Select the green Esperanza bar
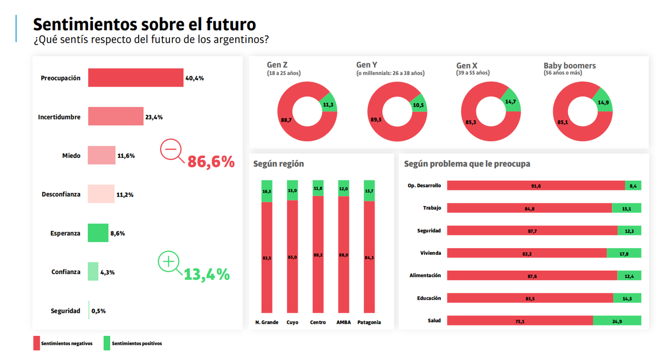pyautogui.click(x=99, y=233)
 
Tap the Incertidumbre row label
pyautogui.click(x=59, y=117)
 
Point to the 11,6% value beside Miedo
pyautogui.click(x=126, y=156)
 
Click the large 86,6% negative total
pyautogui.click(x=211, y=162)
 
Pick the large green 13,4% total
pyautogui.click(x=207, y=274)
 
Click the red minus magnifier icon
pyautogui.click(x=171, y=150)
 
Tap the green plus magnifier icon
pyautogui.click(x=169, y=262)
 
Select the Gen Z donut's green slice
pyautogui.click(x=328, y=104)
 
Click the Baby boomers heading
pyautogui.click(x=569, y=66)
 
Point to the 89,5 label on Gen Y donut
pyautogui.click(x=375, y=120)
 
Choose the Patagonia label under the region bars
pyautogui.click(x=369, y=322)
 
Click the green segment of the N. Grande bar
pyautogui.click(x=266, y=191)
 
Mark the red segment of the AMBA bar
pyautogui.click(x=343, y=254)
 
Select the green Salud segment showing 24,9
pyautogui.click(x=617, y=321)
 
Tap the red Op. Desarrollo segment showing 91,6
pyautogui.click(x=536, y=186)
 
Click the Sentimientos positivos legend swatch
pyautogui.click(x=107, y=344)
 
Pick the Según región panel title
pyautogui.click(x=279, y=164)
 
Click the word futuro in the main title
pyautogui.click(x=230, y=25)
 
